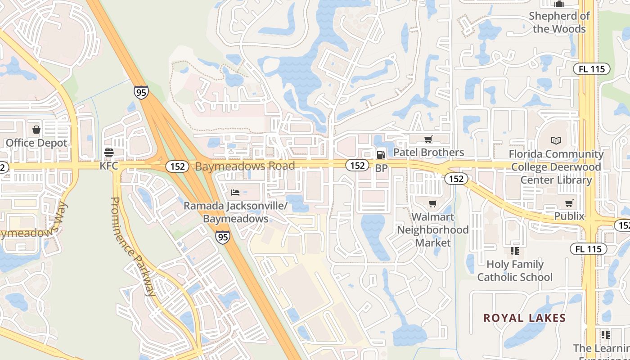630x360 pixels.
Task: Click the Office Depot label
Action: (x=36, y=143)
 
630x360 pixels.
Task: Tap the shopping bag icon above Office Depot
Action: (x=36, y=130)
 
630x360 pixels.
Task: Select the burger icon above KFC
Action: (x=108, y=152)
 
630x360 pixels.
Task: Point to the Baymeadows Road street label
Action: (x=245, y=166)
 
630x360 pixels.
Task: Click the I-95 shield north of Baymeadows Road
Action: (x=141, y=93)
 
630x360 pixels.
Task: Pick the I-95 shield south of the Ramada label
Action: (x=222, y=237)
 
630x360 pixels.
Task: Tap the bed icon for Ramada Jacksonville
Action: (x=235, y=193)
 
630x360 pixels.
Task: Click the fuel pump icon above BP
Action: (x=381, y=155)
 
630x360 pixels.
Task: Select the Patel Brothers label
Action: (x=428, y=153)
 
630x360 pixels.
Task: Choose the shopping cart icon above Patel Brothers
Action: (x=428, y=139)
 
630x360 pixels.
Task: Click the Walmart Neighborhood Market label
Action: (x=432, y=230)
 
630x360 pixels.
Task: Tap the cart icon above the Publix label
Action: (x=569, y=203)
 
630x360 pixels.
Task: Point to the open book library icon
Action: (x=556, y=141)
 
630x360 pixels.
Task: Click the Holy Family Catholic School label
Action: (x=515, y=270)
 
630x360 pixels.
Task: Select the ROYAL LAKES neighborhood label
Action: (x=524, y=318)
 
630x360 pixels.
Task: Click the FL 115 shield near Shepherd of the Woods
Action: (x=591, y=69)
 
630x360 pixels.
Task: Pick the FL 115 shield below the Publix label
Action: (x=588, y=249)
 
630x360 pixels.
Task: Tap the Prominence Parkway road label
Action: (x=133, y=246)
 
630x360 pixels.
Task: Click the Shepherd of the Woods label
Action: (x=559, y=22)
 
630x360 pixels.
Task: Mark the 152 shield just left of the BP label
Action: (x=357, y=165)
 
